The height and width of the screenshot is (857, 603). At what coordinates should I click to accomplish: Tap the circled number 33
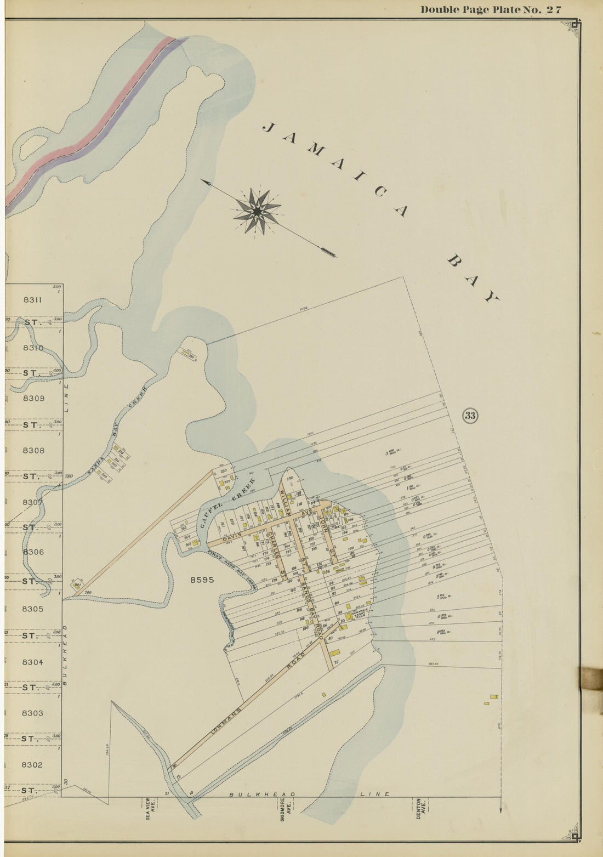pyautogui.click(x=470, y=415)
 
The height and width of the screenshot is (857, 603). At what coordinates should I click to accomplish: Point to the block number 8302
pyautogui.click(x=33, y=764)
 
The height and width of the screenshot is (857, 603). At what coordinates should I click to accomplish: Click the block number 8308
pyautogui.click(x=33, y=451)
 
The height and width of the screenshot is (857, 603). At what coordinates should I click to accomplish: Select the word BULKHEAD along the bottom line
pyautogui.click(x=262, y=794)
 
